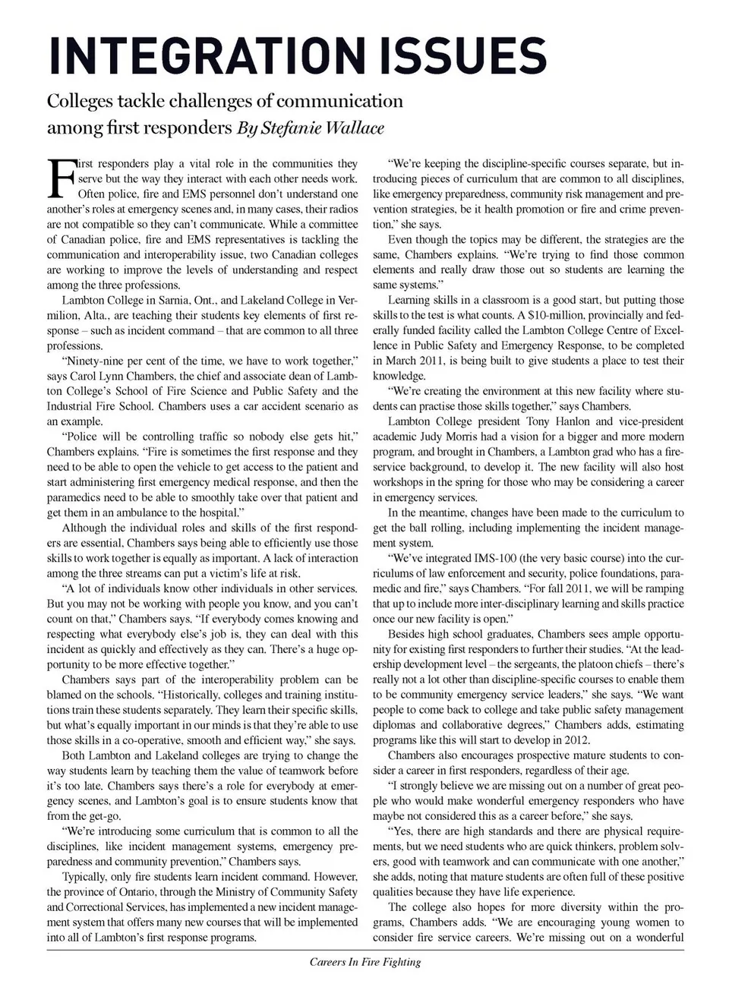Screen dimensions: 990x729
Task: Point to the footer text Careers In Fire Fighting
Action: pos(364,962)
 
